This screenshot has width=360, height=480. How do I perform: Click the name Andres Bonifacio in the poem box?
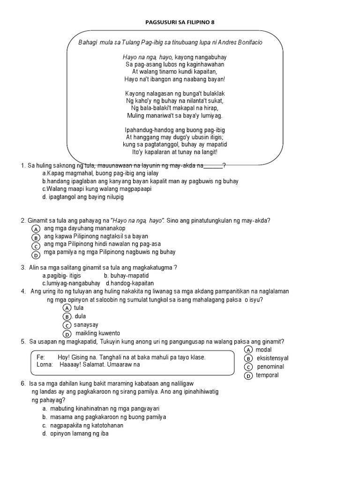click(242, 42)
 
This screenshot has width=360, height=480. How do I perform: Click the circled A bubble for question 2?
click(36, 228)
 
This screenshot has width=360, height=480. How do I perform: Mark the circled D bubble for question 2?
click(36, 255)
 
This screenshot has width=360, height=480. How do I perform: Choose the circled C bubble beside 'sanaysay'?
click(67, 325)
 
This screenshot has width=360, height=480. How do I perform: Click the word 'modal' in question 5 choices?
click(264, 350)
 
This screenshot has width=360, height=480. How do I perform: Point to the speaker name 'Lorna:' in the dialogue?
click(44, 365)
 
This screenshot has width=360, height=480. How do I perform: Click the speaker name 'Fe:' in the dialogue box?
click(40, 357)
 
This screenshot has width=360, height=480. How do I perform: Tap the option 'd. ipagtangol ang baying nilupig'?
click(82, 197)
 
